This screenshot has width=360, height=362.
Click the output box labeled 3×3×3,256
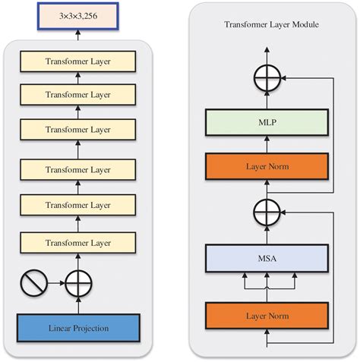(78, 17)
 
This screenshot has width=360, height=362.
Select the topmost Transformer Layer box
(78, 62)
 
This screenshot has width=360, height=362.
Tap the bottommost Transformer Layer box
(78, 242)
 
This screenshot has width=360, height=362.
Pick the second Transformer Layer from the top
(78, 96)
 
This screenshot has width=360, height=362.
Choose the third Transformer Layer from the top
(78, 130)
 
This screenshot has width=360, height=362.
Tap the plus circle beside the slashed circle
(78, 285)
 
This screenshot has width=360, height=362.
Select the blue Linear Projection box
(78, 328)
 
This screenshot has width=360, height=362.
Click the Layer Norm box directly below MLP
(266, 165)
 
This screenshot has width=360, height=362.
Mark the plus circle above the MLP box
(267, 77)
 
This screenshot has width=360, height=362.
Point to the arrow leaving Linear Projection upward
(78, 305)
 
